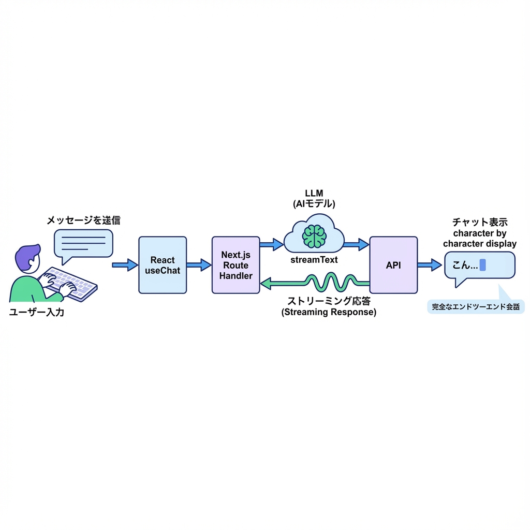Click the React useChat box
[x=163, y=265]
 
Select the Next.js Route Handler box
[x=236, y=265]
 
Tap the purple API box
[x=393, y=265]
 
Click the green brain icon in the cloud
[x=314, y=236]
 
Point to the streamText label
[x=314, y=259]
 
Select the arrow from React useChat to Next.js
[x=199, y=265]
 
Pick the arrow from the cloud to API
[x=356, y=244]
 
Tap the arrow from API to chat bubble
[x=430, y=265]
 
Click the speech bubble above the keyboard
[x=83, y=243]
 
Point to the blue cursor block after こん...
[x=482, y=265]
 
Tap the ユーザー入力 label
[x=36, y=312]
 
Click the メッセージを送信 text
[x=83, y=220]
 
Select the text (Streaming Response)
[x=329, y=312]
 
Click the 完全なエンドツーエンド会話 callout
[x=476, y=306]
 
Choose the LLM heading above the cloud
[x=314, y=193]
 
